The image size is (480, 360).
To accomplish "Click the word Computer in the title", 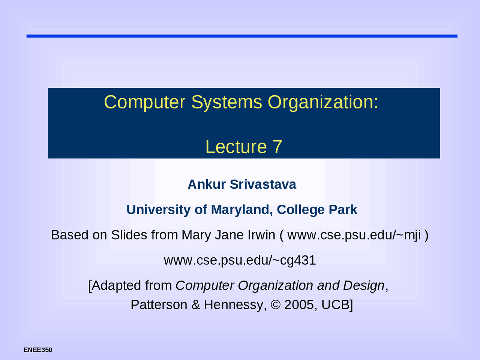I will pos(144,102).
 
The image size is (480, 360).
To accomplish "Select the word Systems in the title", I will pos(226,102).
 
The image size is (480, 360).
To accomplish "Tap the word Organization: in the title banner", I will pos(323,102).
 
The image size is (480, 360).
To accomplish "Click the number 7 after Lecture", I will pos(277,147).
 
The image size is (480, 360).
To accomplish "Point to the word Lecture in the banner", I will pos(236,147).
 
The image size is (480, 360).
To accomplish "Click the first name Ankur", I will pos(207,184).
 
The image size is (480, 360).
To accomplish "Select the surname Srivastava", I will pos(263,184).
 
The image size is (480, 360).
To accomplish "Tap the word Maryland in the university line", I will pos(240,210).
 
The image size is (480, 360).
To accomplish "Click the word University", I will pos(159,210).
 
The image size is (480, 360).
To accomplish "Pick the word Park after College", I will pos(343,210).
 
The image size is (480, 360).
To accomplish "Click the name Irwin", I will pos(261,235).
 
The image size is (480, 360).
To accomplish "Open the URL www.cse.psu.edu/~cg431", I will pos(240,260).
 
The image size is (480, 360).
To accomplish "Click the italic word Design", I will pos(363,286).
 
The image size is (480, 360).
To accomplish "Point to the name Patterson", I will pos(159,304).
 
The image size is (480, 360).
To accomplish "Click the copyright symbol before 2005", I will pos(275,304).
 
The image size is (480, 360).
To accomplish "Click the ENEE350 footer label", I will pos(38,350).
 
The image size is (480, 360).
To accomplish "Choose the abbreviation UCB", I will pos(335,304).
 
